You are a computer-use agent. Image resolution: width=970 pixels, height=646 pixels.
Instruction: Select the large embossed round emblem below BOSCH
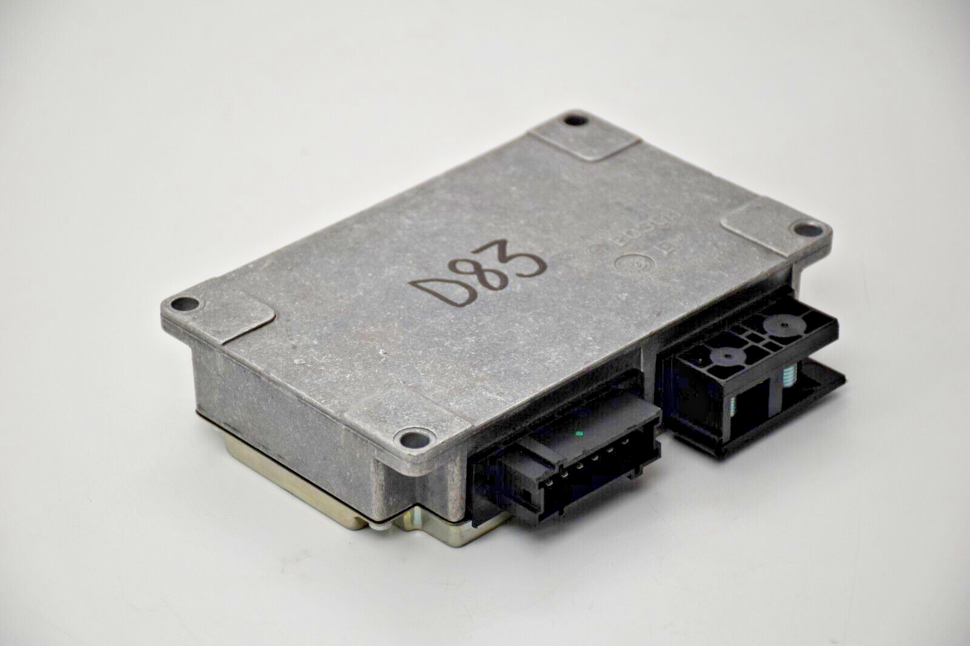click(x=630, y=266)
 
